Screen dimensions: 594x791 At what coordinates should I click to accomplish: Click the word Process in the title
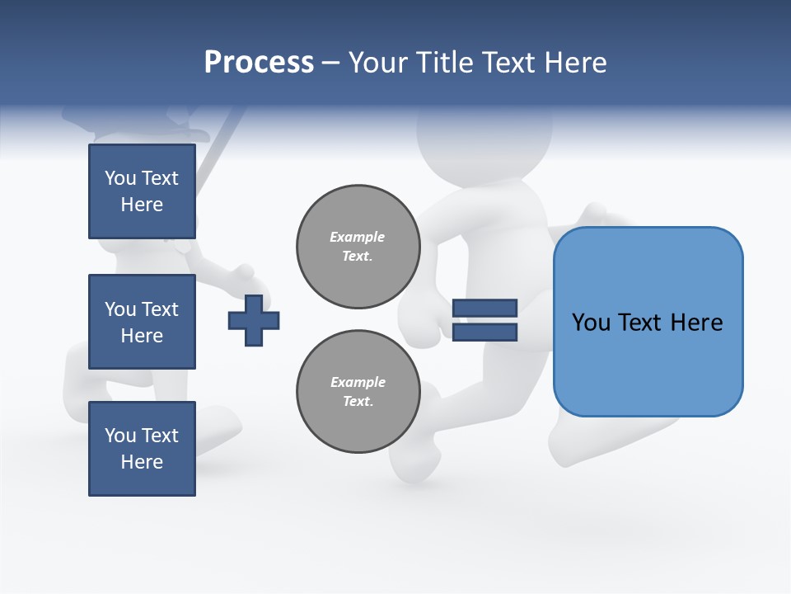tap(259, 63)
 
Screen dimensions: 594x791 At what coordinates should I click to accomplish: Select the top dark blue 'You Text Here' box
tap(142, 191)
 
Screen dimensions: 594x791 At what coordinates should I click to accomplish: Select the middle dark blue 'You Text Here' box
tap(142, 322)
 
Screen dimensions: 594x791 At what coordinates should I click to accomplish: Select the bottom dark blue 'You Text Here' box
tap(142, 449)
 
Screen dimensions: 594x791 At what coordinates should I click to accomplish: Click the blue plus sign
tap(254, 320)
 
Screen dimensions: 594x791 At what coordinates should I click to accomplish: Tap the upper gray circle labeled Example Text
tap(358, 247)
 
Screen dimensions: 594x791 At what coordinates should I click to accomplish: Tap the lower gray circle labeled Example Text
tap(358, 392)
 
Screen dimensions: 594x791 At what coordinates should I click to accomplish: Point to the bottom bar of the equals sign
tap(484, 332)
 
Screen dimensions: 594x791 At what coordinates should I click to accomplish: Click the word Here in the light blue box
tap(696, 323)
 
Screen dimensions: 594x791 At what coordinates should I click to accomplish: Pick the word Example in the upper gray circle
tap(358, 237)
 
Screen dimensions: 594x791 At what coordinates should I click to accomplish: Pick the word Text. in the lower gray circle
tap(358, 402)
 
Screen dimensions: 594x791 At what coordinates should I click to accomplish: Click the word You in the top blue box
tap(119, 178)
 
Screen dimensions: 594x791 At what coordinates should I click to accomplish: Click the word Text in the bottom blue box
tap(159, 436)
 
